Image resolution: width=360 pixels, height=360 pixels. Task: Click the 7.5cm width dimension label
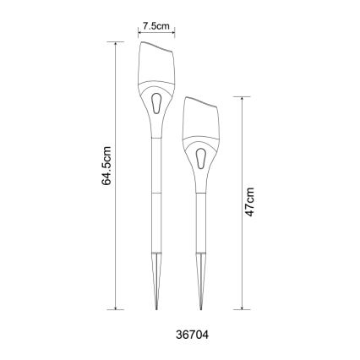click(x=156, y=25)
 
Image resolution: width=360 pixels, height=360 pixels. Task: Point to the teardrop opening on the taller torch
click(x=157, y=102)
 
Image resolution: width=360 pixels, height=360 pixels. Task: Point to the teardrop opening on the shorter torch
click(x=201, y=158)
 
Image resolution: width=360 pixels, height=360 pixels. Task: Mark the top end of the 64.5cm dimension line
click(x=116, y=41)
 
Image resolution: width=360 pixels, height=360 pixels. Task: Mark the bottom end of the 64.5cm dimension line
click(x=116, y=310)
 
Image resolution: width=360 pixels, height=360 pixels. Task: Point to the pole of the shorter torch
click(x=201, y=220)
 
